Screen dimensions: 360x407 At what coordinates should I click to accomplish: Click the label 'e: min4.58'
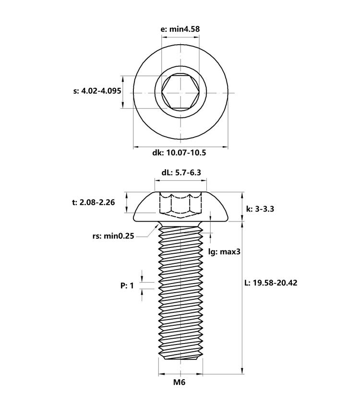pos(180,29)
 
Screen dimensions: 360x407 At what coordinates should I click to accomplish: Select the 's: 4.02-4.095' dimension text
pos(97,91)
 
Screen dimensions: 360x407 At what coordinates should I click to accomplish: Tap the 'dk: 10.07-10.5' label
pos(179,153)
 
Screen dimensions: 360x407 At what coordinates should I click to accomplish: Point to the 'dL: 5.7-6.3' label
pos(181,173)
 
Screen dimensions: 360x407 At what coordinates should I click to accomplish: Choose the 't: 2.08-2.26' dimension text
pos(94,202)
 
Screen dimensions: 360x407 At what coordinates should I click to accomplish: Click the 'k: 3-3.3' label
pos(260,209)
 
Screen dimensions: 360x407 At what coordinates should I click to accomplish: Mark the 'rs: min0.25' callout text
pos(113,236)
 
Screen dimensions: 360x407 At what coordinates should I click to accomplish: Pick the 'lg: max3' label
pos(225,251)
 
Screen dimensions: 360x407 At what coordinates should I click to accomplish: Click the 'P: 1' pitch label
pos(127,285)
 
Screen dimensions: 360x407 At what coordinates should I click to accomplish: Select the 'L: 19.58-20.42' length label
pos(271,283)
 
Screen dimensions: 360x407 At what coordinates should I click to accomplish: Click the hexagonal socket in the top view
pos(180,92)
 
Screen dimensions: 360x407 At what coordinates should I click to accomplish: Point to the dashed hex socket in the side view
pos(181,205)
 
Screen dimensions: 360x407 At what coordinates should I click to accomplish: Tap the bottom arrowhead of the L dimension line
pos(242,370)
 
